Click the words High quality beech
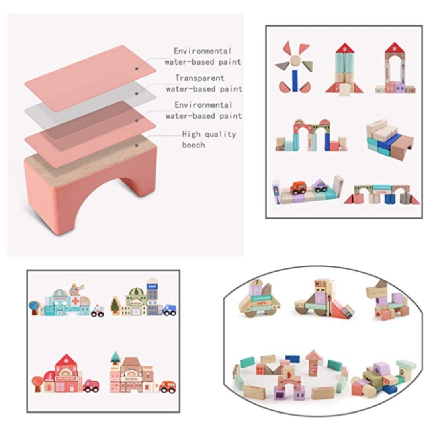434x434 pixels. point(209,139)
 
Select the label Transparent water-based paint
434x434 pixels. point(204,83)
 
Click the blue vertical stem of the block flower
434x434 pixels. point(295,80)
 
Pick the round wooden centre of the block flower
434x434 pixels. point(295,60)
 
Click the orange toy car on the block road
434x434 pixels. point(298,188)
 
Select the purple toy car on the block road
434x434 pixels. point(320,186)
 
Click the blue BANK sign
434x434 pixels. point(151,286)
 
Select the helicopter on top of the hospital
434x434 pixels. point(77,287)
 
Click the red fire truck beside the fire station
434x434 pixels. point(92,386)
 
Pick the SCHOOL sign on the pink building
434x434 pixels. point(131,378)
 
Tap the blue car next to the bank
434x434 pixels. point(169,310)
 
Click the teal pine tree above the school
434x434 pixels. point(115,356)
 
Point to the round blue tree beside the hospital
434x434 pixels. point(34,307)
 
